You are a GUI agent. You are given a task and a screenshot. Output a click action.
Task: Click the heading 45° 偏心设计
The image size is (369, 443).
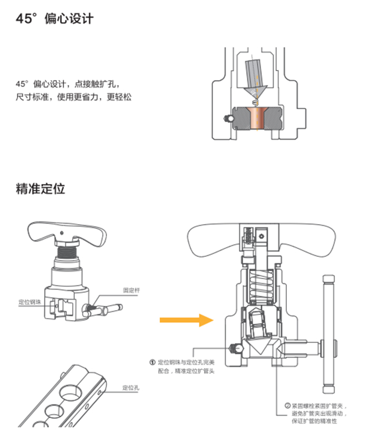point(54,19)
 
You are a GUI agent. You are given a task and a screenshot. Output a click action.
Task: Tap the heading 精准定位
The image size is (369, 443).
point(41,188)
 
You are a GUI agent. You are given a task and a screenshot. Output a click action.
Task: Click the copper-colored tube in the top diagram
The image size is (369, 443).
point(258,118)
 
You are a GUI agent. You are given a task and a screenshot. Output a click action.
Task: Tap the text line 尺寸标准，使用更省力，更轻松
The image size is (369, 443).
point(73,97)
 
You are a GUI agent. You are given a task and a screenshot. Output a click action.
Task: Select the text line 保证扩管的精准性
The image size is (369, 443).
point(314,421)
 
